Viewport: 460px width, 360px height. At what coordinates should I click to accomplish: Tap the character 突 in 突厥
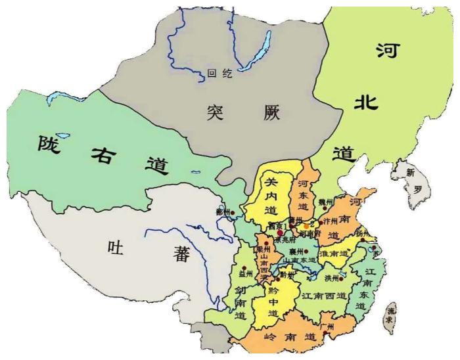[212, 113]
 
